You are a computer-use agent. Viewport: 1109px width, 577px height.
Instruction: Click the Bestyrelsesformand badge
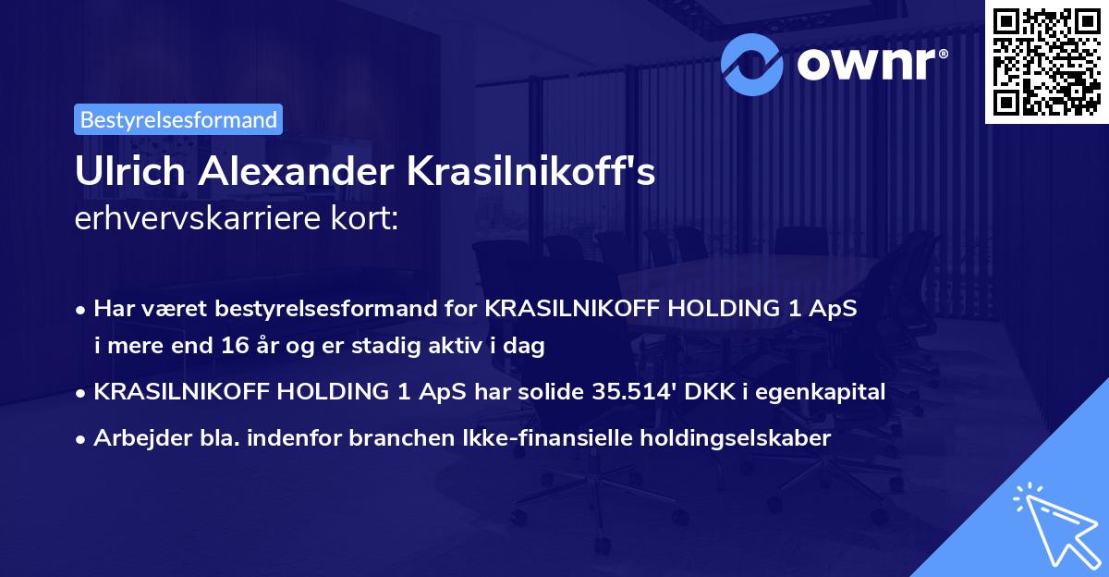(178, 119)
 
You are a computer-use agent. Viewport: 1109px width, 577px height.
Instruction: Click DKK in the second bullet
(710, 392)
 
